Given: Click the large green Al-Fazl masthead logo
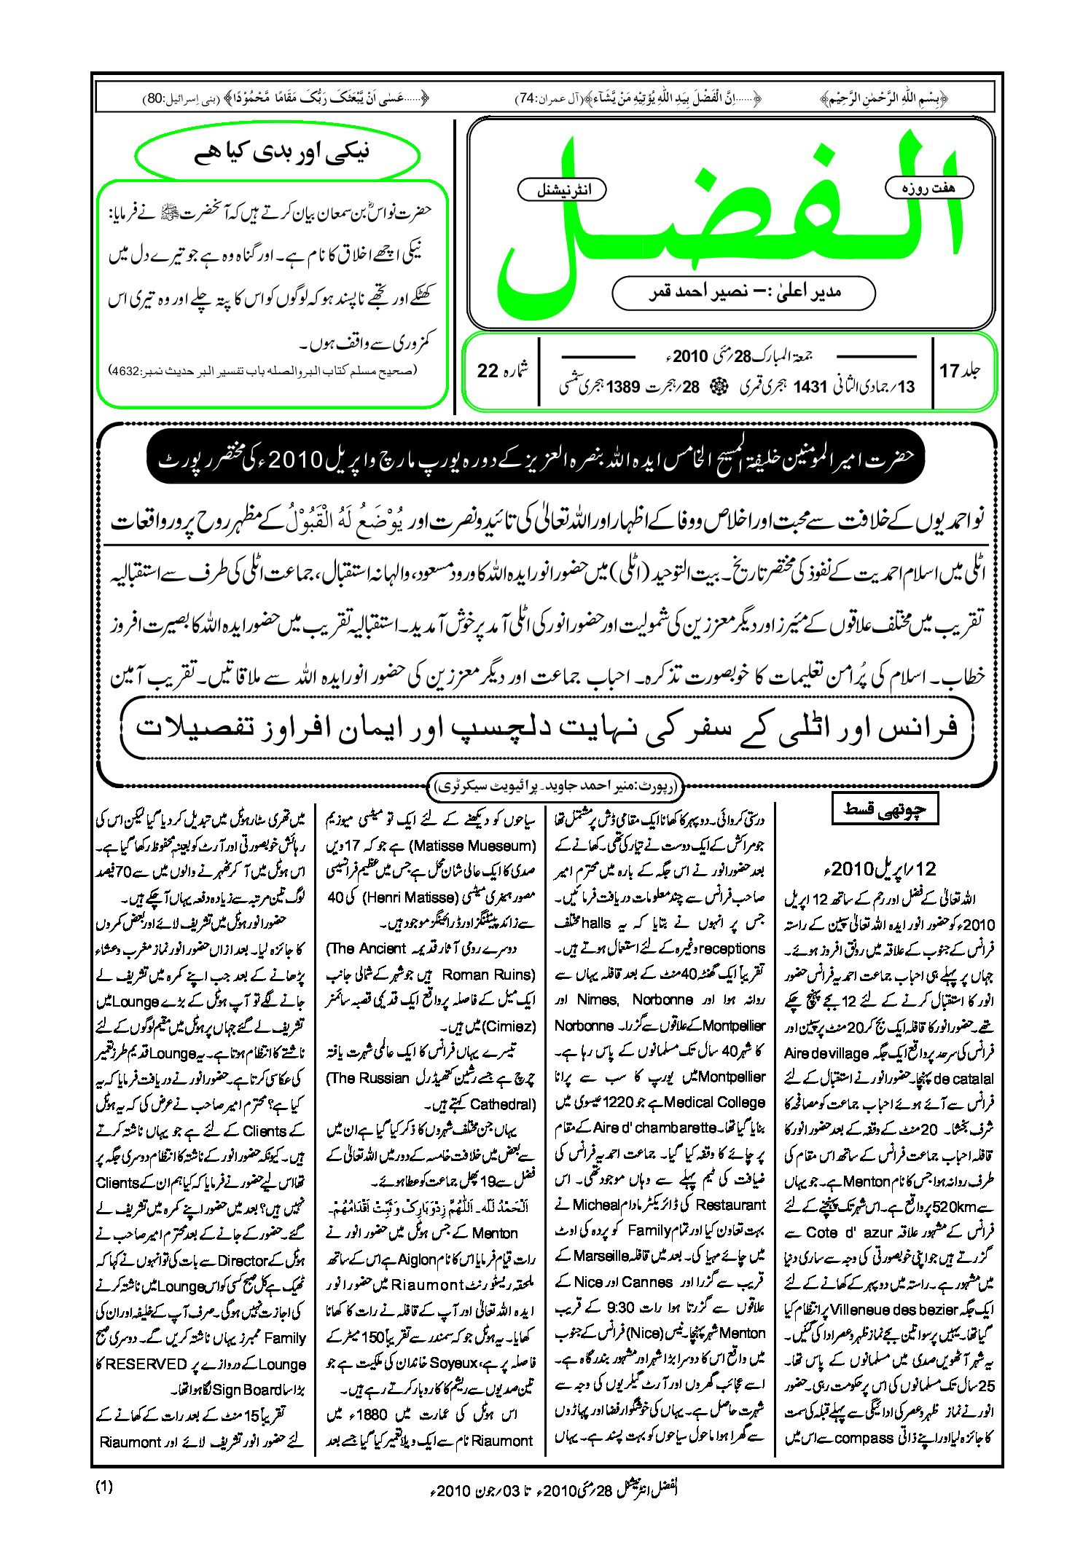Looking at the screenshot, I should pos(729,219).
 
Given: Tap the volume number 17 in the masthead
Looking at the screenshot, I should pos(949,371).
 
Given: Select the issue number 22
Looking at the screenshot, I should pos(488,371).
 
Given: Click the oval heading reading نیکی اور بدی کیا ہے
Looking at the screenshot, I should pos(278,153).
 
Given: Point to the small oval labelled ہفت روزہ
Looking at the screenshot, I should pos(928,188).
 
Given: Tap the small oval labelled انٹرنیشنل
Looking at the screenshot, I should pos(562,190).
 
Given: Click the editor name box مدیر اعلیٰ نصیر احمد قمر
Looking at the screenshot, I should pos(743,293).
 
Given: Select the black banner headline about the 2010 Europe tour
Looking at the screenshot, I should pos(535,459).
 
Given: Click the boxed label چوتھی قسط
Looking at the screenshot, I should pos(884,809).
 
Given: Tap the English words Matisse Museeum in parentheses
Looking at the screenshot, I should pos(473,846).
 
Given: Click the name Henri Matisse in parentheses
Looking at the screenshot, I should pos(411,897).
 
